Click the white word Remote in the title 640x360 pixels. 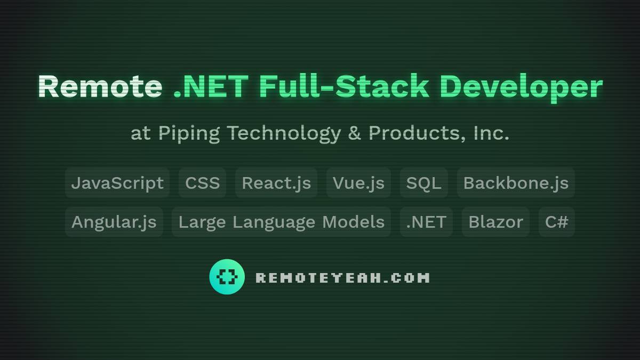[x=100, y=86]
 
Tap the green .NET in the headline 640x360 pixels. [x=211, y=86]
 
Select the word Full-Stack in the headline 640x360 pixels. [x=345, y=86]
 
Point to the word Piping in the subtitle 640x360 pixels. [x=189, y=134]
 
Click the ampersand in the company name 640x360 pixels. [x=354, y=133]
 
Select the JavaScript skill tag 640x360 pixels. [x=117, y=183]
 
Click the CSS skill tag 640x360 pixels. [x=202, y=183]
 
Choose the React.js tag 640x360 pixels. [x=276, y=183]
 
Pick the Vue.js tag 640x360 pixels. [x=358, y=183]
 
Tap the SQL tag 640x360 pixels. [x=423, y=183]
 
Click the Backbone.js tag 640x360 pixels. [x=516, y=183]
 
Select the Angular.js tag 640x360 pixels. [x=114, y=222]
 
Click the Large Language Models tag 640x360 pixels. [x=282, y=222]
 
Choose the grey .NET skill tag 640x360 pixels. [x=426, y=222]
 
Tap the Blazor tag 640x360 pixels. [x=495, y=222]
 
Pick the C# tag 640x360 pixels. [x=557, y=222]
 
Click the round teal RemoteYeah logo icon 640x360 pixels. [x=227, y=277]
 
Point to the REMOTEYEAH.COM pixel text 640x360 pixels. [x=342, y=278]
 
